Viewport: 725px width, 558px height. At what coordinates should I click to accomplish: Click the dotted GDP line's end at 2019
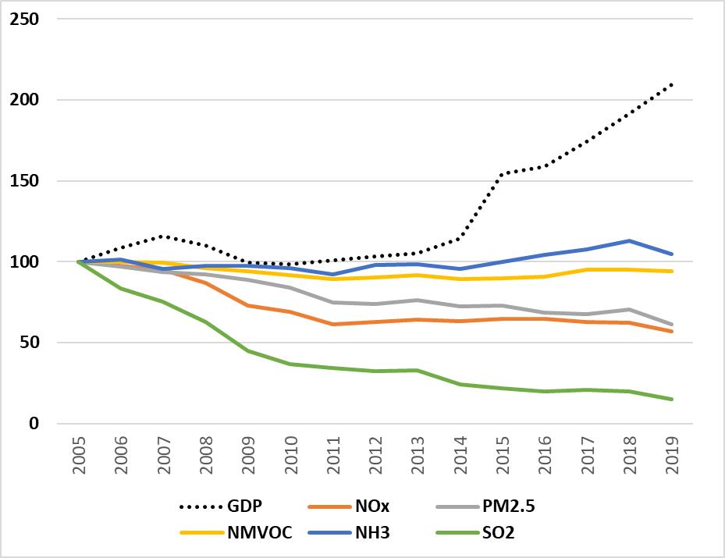click(672, 84)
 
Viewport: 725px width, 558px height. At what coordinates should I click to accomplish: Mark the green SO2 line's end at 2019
click(672, 400)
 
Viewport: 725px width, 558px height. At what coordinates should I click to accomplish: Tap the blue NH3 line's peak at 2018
click(630, 241)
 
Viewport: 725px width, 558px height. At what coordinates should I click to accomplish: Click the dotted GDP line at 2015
click(503, 173)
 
